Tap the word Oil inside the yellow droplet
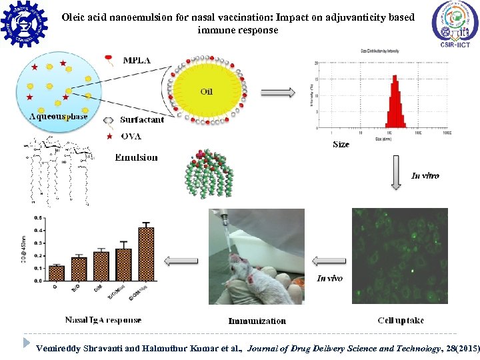[206, 91]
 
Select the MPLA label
[137, 60]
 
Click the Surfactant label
[142, 120]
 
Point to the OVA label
[131, 137]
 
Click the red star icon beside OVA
[109, 137]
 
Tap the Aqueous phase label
[59, 117]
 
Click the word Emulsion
[136, 157]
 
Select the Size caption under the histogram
[340, 144]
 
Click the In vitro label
[425, 176]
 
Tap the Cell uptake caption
[400, 321]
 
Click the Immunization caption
[257, 321]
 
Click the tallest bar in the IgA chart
[146, 253]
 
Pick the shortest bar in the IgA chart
[57, 273]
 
